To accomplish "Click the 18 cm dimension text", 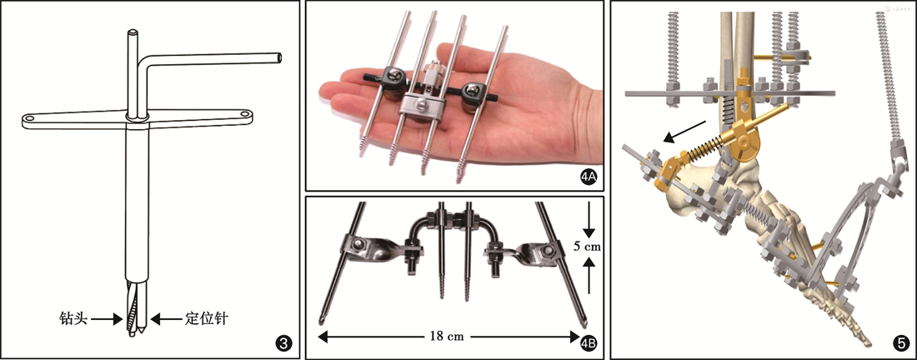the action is [448, 336].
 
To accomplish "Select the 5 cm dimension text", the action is [588, 247].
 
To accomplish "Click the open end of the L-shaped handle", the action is [279, 56].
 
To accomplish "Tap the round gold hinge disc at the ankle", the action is [745, 142].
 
